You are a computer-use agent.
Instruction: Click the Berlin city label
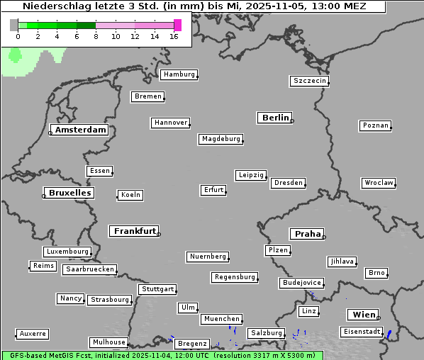(275, 118)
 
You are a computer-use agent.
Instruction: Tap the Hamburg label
(178, 74)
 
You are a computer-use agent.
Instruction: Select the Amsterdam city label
(80, 130)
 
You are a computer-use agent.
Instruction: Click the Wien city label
(362, 315)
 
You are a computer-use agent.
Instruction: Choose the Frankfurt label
(134, 231)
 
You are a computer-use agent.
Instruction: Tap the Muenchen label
(221, 320)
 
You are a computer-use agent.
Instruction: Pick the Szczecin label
(309, 81)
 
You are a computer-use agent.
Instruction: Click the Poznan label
(375, 125)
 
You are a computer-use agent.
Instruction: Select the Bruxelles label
(69, 193)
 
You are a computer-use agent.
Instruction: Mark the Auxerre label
(33, 333)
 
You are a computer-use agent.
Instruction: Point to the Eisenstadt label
(360, 332)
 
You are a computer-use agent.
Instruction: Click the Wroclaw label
(378, 183)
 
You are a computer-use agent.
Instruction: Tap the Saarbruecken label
(89, 269)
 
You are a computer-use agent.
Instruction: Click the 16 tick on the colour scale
(174, 36)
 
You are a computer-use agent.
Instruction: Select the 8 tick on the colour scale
(96, 36)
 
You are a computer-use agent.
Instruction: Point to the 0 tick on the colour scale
(18, 36)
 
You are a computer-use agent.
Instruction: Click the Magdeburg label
(221, 139)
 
